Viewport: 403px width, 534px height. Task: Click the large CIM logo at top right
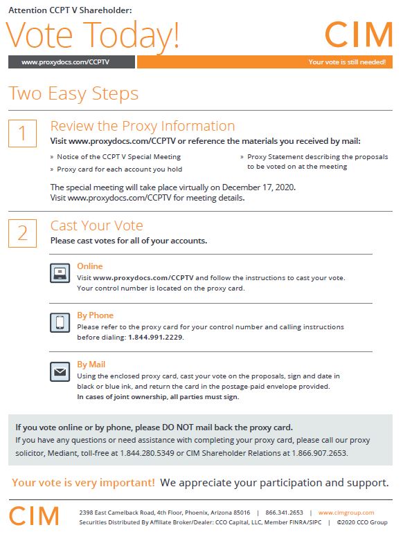pos(359,34)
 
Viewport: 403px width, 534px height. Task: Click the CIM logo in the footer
pos(34,515)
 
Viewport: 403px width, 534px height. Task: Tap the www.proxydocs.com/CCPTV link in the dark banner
pos(65,62)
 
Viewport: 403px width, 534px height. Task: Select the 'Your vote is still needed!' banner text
pos(347,62)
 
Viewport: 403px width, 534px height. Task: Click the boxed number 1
pos(22,133)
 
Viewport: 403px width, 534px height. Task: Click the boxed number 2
pos(22,233)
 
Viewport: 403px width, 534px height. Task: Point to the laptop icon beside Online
pos(60,273)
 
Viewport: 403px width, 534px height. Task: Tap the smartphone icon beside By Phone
pos(60,322)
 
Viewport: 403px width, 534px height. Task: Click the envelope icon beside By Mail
pos(60,371)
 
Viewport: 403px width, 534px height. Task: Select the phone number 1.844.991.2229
pos(155,337)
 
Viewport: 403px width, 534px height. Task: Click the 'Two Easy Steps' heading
pos(73,93)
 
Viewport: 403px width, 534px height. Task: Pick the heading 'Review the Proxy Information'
pos(143,126)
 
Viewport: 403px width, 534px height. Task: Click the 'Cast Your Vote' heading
pos(96,225)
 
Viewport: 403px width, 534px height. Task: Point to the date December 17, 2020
pos(258,187)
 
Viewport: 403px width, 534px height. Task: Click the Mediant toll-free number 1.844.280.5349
pos(147,453)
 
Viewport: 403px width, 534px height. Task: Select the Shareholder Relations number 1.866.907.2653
pos(319,453)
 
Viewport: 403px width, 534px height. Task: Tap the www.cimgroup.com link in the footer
pos(346,513)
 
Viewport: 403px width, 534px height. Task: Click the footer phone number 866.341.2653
pos(284,513)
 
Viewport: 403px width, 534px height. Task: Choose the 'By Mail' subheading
pos(91,365)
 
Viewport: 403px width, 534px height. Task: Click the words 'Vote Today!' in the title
pos(92,35)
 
